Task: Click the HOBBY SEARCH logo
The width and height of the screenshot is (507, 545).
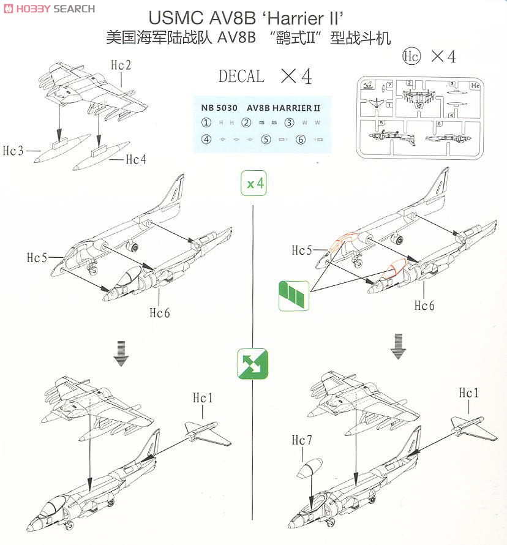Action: [x=48, y=8]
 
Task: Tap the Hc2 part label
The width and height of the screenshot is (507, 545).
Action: [x=121, y=64]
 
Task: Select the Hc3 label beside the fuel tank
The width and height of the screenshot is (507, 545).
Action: [x=13, y=151]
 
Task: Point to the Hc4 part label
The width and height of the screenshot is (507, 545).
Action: [x=136, y=160]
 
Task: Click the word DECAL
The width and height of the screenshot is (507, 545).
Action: [x=241, y=77]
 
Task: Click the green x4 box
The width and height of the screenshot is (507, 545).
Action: [x=254, y=183]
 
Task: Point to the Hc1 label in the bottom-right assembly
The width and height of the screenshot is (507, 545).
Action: [x=469, y=393]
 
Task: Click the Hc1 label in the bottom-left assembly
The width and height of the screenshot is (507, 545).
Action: [x=203, y=398]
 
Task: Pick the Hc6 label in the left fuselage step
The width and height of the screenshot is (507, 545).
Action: [x=160, y=313]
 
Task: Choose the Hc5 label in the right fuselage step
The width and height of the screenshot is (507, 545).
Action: [x=302, y=250]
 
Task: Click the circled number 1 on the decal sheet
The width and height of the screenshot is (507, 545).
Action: [x=206, y=122]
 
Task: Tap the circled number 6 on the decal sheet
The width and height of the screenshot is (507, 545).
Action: [x=300, y=140]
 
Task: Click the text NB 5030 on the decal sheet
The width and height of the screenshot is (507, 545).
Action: [x=219, y=107]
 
